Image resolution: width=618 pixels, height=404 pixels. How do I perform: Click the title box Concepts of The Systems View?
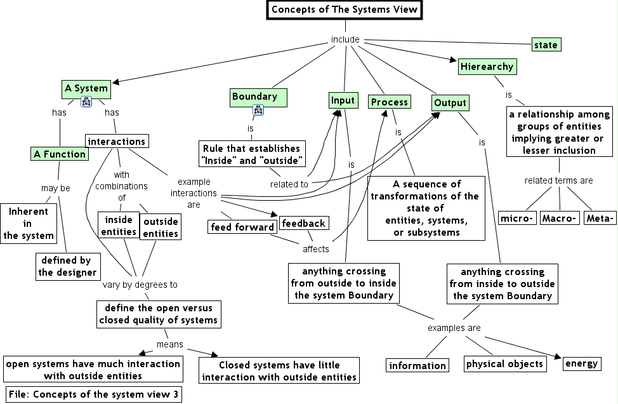point(345,10)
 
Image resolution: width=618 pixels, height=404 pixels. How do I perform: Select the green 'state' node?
point(546,45)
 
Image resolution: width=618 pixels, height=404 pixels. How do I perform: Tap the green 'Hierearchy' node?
point(487,66)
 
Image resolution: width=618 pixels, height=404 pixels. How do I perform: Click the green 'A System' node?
point(86,88)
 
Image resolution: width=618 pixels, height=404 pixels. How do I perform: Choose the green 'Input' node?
point(343,100)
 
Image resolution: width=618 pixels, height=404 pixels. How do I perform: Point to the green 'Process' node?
point(390,102)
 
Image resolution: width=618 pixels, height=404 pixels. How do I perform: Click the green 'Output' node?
point(450,103)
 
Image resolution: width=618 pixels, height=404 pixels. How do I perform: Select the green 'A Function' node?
point(60,154)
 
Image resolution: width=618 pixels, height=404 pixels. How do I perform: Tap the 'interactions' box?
point(117,141)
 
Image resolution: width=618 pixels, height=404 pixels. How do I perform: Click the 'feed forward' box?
point(242,227)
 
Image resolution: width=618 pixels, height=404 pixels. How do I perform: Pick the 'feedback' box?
point(304,223)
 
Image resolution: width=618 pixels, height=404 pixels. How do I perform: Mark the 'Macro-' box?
point(559,219)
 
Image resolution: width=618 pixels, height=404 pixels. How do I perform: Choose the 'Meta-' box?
point(600,219)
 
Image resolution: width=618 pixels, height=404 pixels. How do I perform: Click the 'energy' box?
point(581,363)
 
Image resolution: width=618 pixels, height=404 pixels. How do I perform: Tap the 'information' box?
point(417,365)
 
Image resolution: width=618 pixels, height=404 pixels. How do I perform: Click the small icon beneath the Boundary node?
point(258,111)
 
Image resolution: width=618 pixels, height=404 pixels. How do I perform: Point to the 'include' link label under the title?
point(345,40)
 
